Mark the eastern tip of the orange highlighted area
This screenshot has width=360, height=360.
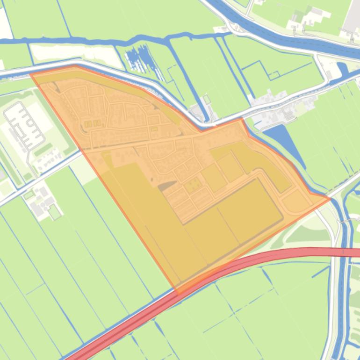(x=330, y=199)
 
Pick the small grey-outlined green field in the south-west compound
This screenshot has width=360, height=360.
(x=55, y=212)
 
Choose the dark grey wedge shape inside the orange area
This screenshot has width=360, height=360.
(x=166, y=187)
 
